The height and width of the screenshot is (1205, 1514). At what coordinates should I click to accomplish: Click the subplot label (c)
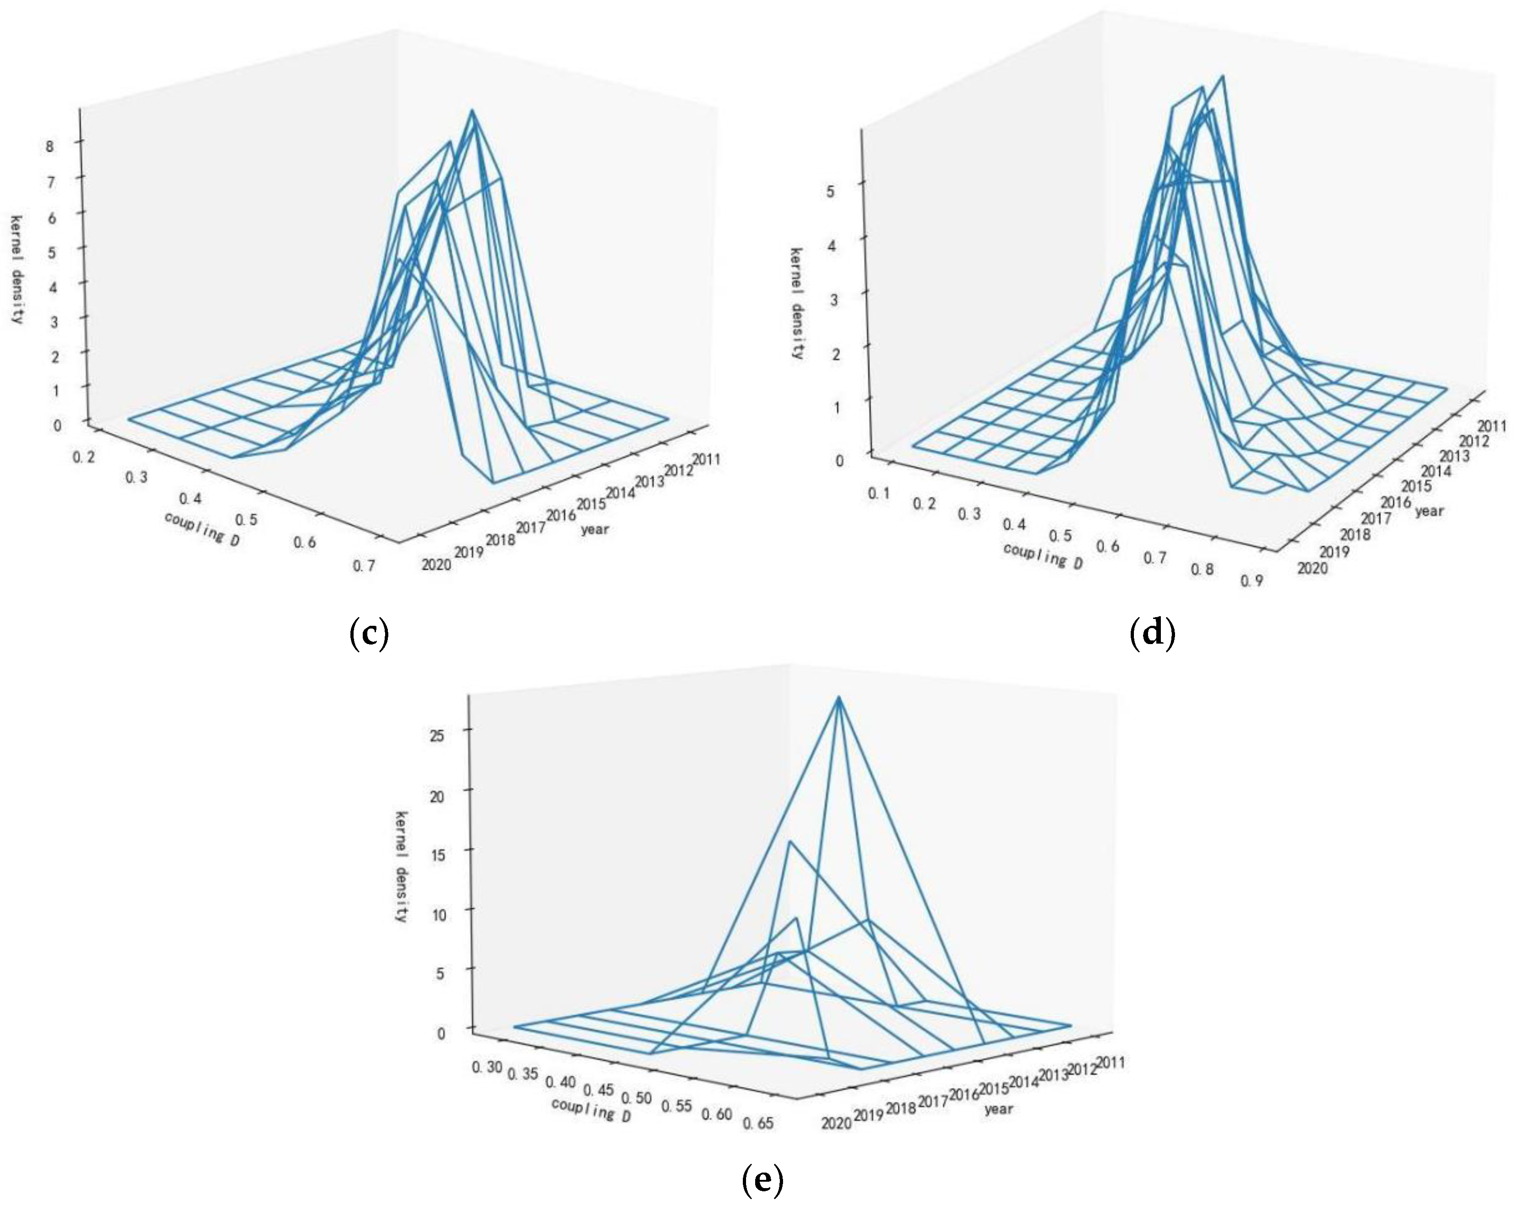click(369, 634)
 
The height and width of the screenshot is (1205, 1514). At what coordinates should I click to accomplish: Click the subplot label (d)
click(1152, 634)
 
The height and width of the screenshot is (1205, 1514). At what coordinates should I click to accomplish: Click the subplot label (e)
click(762, 1180)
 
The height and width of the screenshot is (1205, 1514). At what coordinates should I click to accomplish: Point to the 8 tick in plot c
click(50, 147)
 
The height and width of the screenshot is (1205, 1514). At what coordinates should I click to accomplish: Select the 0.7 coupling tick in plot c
click(364, 566)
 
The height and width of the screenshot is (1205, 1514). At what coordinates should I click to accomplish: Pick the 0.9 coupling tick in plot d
click(1251, 580)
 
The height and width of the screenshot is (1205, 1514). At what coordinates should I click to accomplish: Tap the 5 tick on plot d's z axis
click(831, 191)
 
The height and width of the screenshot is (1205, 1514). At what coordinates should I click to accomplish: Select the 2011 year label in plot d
click(1492, 426)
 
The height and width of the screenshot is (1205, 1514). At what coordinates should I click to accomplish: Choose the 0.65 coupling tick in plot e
click(758, 1123)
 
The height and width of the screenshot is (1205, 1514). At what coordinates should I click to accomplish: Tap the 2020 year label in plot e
click(836, 1124)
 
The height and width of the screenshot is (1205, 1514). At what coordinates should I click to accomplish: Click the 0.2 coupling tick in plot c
click(84, 457)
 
